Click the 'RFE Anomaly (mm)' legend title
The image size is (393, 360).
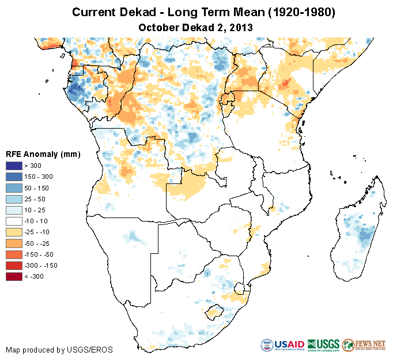(x=43, y=154)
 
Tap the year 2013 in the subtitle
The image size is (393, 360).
(x=241, y=27)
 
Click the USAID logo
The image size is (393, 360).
(x=282, y=345)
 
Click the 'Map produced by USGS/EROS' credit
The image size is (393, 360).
(x=59, y=350)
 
